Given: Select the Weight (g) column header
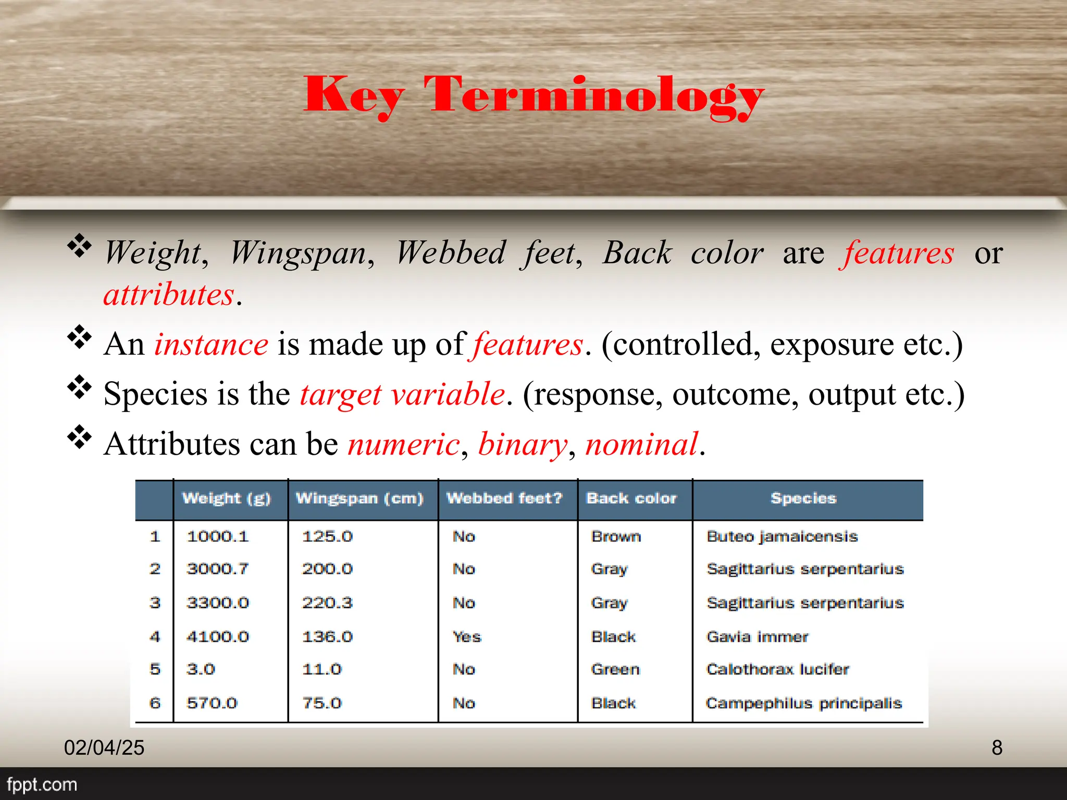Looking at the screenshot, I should point(227,498).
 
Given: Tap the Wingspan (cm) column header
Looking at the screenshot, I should point(359,498).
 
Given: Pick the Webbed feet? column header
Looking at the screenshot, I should point(504,498).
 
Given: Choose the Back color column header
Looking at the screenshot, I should point(631,498).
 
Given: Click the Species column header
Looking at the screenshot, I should point(803,498).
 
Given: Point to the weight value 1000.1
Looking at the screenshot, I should point(218,536).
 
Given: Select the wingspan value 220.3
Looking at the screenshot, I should point(327,603).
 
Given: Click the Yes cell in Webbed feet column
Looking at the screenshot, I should point(467,637).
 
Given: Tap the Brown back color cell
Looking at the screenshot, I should point(616,536).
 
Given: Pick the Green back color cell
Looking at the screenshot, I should point(615,669).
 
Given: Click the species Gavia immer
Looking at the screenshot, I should point(757,637).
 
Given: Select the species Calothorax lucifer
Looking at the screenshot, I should point(777,669).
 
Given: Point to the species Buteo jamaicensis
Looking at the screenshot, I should point(782,536).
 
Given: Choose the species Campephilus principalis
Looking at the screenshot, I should point(804,703).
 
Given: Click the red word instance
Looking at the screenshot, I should point(211,345).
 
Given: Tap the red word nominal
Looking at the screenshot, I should point(641,444).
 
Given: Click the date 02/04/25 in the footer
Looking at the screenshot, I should point(104,748).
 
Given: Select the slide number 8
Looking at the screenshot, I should point(997,748).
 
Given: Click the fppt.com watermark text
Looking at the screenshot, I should point(42,784).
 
